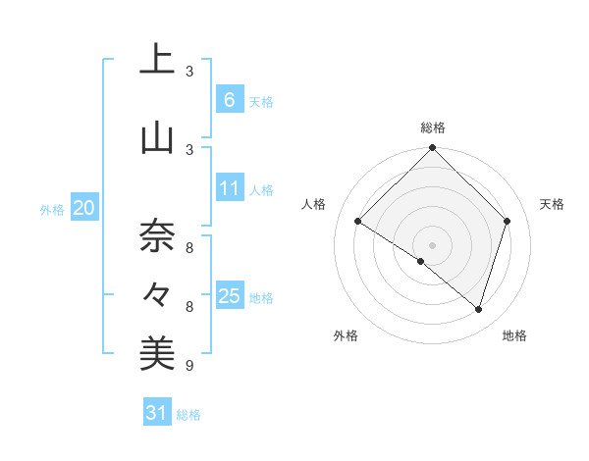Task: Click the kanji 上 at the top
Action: pos(157,60)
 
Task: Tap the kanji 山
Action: pos(157,138)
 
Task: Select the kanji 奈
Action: pos(157,234)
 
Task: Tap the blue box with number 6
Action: pos(229,100)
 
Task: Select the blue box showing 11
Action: pos(229,188)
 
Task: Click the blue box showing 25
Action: pos(229,296)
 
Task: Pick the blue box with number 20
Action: pos(83,208)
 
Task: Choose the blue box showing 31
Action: pos(157,413)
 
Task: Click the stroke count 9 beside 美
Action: pos(189,366)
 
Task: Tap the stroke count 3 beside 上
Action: pos(189,72)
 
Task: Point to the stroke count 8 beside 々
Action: pos(189,307)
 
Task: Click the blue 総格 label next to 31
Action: pos(189,415)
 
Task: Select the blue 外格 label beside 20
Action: pos(52,209)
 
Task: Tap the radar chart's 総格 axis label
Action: pos(432,128)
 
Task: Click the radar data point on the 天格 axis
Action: pos(507,221)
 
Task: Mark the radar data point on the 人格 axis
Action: pos(358,222)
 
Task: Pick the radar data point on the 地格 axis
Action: pos(478,309)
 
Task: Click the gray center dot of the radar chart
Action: pos(432,244)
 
